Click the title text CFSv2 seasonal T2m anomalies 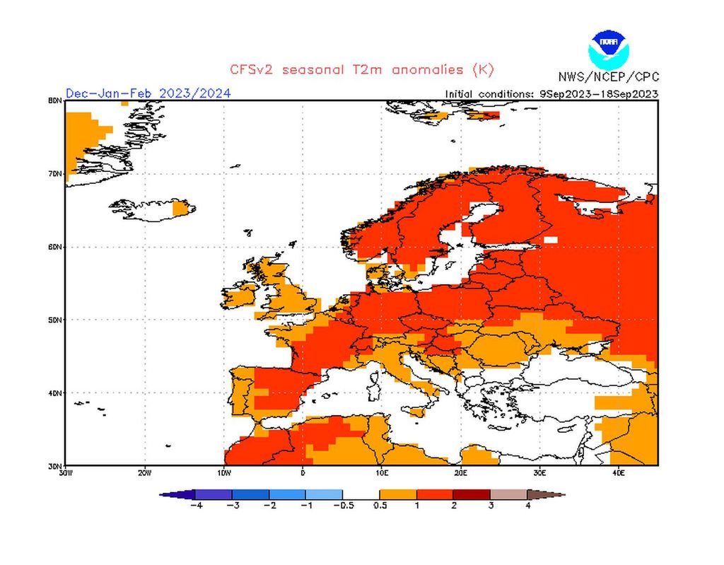click(x=361, y=69)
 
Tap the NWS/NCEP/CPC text click(x=607, y=77)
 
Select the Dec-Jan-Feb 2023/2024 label click(x=148, y=93)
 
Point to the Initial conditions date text click(x=551, y=93)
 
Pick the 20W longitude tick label click(x=144, y=472)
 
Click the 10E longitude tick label click(x=382, y=472)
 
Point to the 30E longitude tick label click(x=539, y=472)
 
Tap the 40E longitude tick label click(x=618, y=472)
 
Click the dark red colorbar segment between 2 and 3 click(x=472, y=494)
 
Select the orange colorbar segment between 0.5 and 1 click(x=398, y=494)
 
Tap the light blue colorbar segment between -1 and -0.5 click(x=324, y=494)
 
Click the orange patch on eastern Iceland click(x=183, y=207)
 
